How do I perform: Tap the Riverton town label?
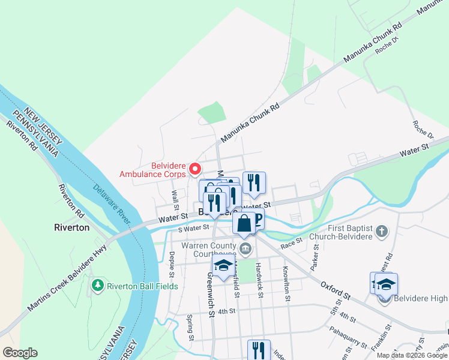[71, 227]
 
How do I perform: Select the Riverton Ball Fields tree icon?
[97, 286]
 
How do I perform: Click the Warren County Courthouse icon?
[245, 248]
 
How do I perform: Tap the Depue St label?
[172, 265]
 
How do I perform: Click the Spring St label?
[190, 327]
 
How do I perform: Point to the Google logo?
[19, 353]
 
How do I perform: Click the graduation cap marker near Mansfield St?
[223, 266]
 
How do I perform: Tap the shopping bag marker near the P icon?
[244, 224]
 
